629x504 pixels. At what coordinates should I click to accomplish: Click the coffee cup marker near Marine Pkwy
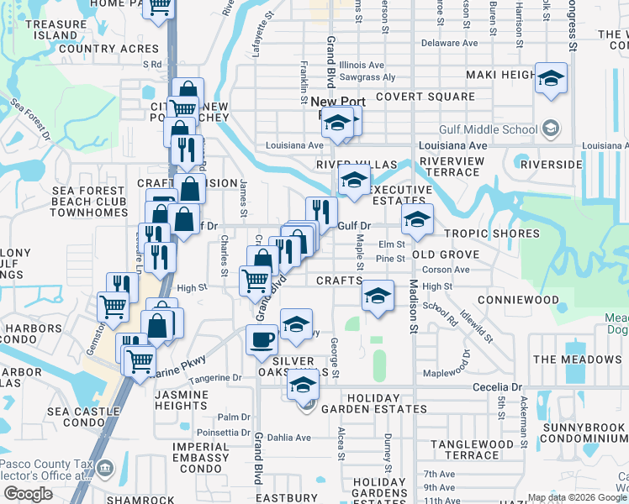(x=261, y=340)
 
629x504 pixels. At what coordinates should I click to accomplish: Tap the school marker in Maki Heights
(x=551, y=79)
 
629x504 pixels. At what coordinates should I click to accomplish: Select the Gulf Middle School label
(x=489, y=129)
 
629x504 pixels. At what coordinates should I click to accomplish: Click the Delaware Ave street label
(x=449, y=43)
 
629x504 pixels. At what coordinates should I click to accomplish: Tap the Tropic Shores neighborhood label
(x=492, y=234)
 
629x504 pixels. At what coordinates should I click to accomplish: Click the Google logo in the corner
(x=28, y=493)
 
